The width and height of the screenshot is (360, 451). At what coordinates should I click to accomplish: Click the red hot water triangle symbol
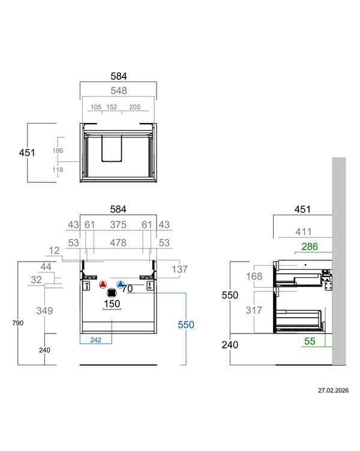103,285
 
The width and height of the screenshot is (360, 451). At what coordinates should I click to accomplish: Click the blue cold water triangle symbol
120,285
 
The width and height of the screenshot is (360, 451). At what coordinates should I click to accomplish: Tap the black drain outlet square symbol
112,293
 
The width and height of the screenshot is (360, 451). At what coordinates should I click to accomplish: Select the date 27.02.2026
333,390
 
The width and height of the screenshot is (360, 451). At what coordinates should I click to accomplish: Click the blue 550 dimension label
186,324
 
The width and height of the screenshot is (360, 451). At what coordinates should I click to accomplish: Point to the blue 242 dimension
95,340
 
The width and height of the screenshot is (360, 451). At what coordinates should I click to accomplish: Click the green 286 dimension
310,246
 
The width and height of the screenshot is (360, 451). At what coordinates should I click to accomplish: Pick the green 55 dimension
310,341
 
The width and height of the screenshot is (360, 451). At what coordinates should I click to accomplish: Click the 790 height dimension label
18,323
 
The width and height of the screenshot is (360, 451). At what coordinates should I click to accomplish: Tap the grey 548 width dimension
119,91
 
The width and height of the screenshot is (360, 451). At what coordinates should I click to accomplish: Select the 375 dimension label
118,225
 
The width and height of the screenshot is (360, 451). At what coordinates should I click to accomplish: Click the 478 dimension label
118,243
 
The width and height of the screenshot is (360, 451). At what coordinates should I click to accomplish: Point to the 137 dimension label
179,269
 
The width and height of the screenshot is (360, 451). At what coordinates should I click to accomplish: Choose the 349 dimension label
44,311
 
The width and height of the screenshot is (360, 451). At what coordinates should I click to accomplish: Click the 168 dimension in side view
254,276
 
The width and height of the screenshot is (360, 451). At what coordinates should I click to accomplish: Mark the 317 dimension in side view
254,310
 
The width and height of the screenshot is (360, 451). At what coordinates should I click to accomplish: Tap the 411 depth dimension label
304,232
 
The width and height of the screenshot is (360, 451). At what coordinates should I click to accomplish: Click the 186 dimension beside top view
58,151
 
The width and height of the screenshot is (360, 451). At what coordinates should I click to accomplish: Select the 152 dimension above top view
112,107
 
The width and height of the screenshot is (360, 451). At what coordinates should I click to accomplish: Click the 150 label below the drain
112,303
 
